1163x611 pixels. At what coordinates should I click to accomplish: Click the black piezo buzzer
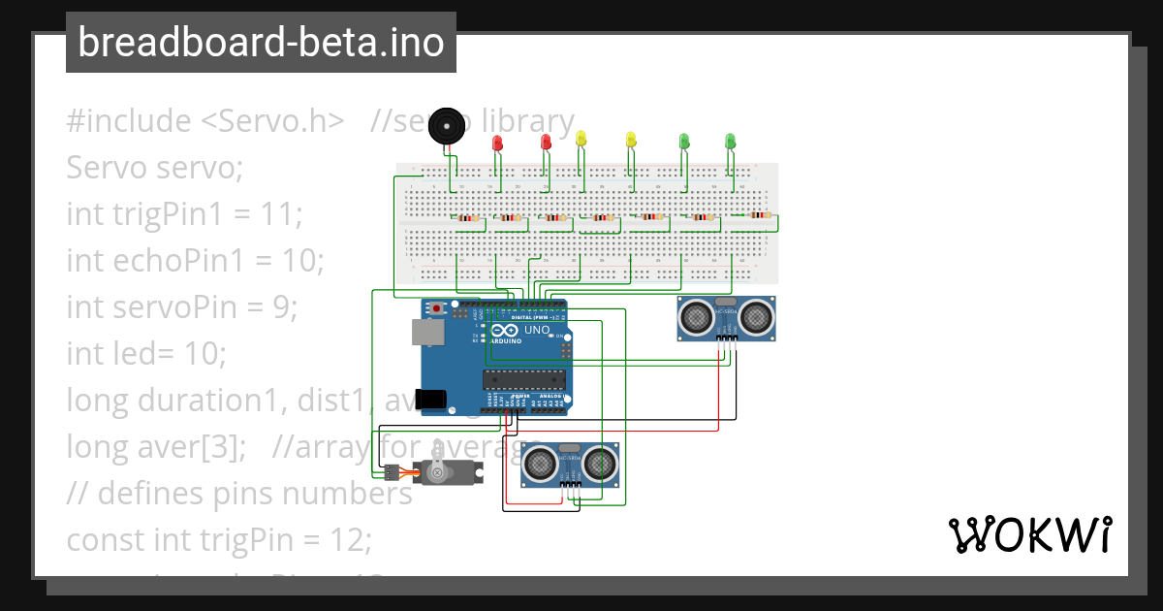(446, 127)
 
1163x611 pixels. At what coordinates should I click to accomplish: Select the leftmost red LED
(498, 144)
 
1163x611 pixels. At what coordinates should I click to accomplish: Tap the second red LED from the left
(545, 143)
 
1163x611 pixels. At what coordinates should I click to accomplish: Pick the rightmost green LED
(730, 142)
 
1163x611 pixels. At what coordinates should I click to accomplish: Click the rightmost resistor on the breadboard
(759, 215)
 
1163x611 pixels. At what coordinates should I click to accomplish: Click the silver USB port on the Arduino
(424, 333)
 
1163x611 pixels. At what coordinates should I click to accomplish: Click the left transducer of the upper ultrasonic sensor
(695, 317)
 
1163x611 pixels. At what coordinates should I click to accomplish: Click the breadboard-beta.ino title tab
(261, 43)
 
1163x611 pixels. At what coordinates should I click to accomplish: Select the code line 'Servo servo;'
(154, 168)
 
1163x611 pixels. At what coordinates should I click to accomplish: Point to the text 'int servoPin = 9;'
(181, 306)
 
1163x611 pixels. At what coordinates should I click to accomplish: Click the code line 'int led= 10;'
(145, 353)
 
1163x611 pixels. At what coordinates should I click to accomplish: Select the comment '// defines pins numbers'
(239, 493)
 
